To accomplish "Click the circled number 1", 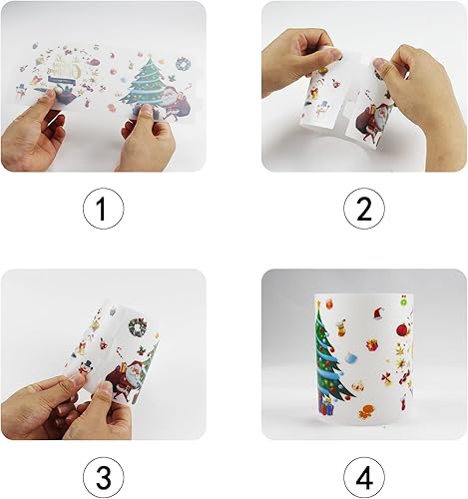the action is point(103,209).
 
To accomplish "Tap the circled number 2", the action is point(364,209).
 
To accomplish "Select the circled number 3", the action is point(103,477).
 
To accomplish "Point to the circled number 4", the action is point(364,477).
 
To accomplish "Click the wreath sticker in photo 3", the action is point(138,327).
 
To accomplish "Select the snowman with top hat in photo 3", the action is point(86,367).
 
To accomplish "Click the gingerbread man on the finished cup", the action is point(367,411).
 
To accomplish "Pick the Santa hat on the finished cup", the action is point(378,313).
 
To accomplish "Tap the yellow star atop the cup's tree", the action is point(318,303).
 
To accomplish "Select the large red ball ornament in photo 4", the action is point(403,329).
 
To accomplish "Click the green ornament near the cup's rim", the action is point(404,302).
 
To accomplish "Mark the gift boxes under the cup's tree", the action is point(326,405).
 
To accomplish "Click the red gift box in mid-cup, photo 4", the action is point(372,345).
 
